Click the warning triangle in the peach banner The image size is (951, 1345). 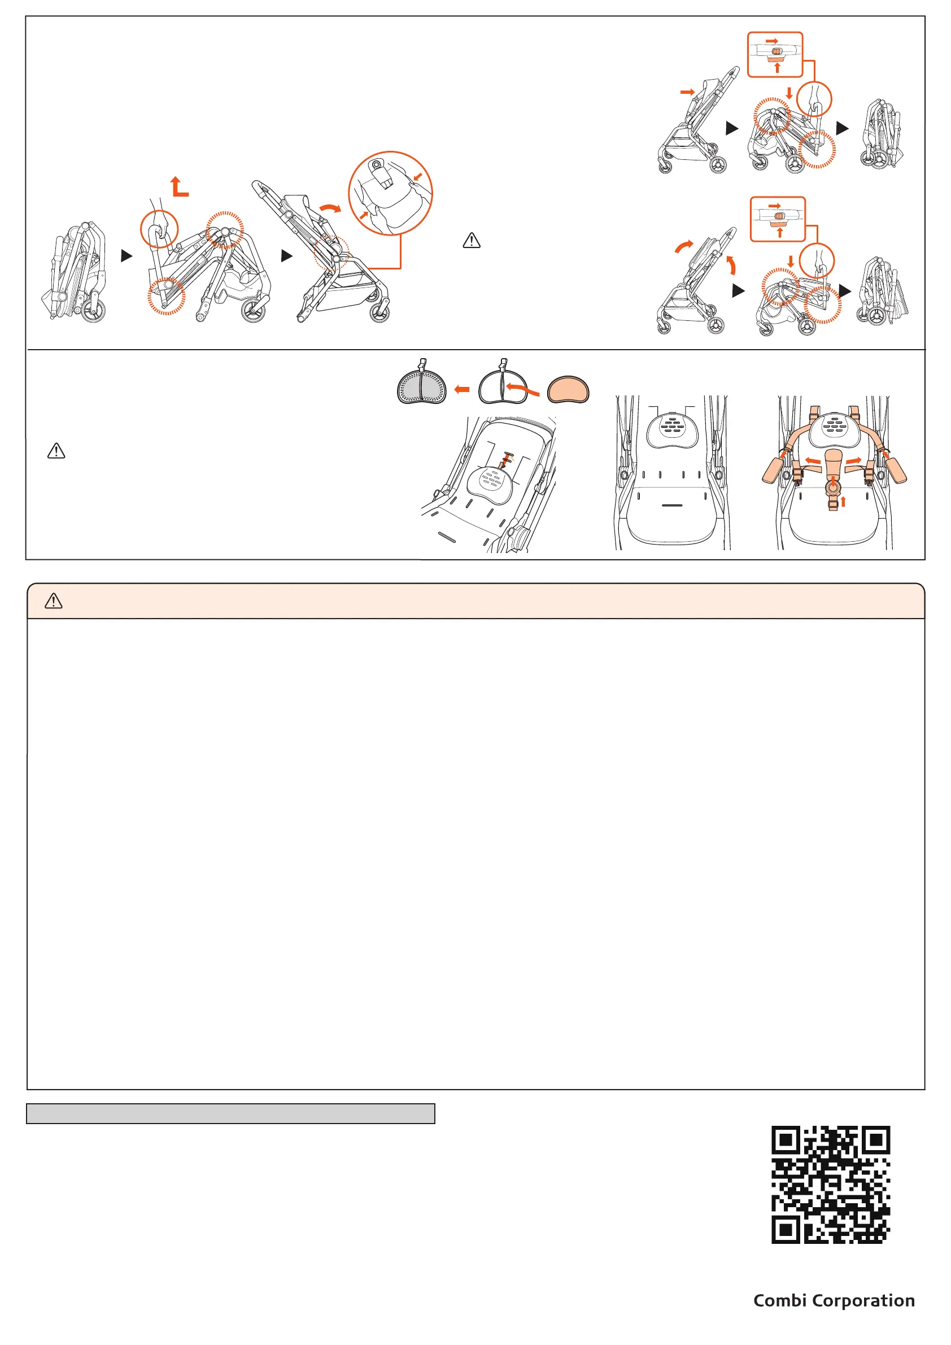click(53, 601)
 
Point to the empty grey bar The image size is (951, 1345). click(231, 1113)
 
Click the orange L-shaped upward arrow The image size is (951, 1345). click(178, 186)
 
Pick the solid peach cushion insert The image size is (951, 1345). click(568, 390)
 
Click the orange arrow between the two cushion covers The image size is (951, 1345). click(462, 389)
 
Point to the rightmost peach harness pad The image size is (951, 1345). click(895, 469)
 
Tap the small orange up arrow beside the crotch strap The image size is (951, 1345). click(843, 502)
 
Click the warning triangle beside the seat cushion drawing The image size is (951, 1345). click(56, 451)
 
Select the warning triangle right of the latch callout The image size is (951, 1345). click(472, 241)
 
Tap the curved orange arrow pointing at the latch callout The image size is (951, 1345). click(330, 208)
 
